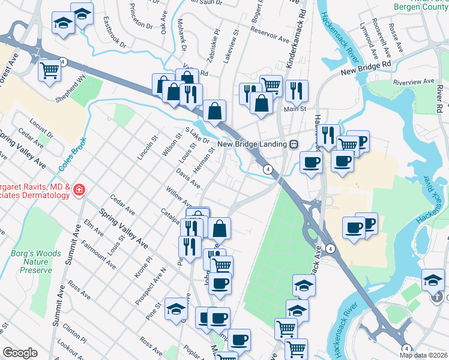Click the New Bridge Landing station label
[252, 143]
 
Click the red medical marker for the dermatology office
[79, 191]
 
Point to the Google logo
[20, 353]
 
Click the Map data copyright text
[423, 355]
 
